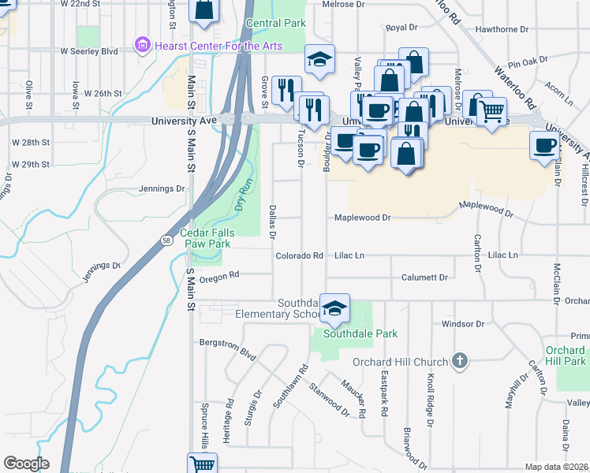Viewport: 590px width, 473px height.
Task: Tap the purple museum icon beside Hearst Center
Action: coord(142,45)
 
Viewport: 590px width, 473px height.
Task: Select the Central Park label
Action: coord(275,24)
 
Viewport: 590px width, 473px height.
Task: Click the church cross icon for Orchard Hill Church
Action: coord(461,362)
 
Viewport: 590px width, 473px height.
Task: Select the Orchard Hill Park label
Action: coord(565,356)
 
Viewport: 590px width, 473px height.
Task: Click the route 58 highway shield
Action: coord(166,240)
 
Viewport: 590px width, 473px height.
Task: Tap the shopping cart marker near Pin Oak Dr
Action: coord(491,112)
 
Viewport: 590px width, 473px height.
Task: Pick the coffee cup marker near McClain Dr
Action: coord(545,145)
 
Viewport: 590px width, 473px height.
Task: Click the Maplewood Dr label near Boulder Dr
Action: coord(362,218)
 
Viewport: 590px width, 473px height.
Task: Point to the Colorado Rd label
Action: coord(300,256)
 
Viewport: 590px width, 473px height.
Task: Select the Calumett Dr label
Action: coord(424,277)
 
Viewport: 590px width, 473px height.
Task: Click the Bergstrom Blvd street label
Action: coord(226,351)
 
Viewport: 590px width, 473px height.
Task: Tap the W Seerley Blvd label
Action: coord(89,51)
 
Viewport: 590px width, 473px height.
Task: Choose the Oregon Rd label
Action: coord(219,277)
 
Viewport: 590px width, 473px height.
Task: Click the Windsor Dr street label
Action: coord(462,324)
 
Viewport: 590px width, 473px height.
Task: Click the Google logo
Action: coord(26,464)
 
